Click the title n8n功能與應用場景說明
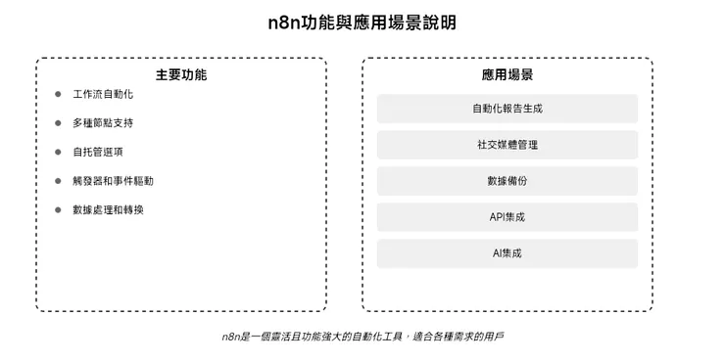click(x=362, y=22)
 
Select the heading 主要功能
click(x=181, y=74)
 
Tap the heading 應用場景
click(x=507, y=74)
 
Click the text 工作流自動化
click(x=102, y=94)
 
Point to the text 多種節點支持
click(x=102, y=123)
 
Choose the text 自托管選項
click(x=97, y=152)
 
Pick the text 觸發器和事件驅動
click(x=113, y=181)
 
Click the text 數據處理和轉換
click(x=108, y=209)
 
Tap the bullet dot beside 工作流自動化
click(x=59, y=94)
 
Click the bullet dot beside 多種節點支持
click(x=59, y=123)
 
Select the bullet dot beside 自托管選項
click(x=59, y=152)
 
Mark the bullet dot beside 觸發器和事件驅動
click(x=59, y=181)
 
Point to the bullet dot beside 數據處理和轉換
click(x=59, y=209)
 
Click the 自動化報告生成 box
click(x=507, y=109)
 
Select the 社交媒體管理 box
click(x=507, y=145)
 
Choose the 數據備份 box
click(x=507, y=181)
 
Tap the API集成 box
click(x=507, y=217)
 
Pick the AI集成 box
click(x=507, y=253)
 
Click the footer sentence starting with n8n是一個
click(x=362, y=337)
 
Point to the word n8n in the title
click(x=286, y=22)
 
